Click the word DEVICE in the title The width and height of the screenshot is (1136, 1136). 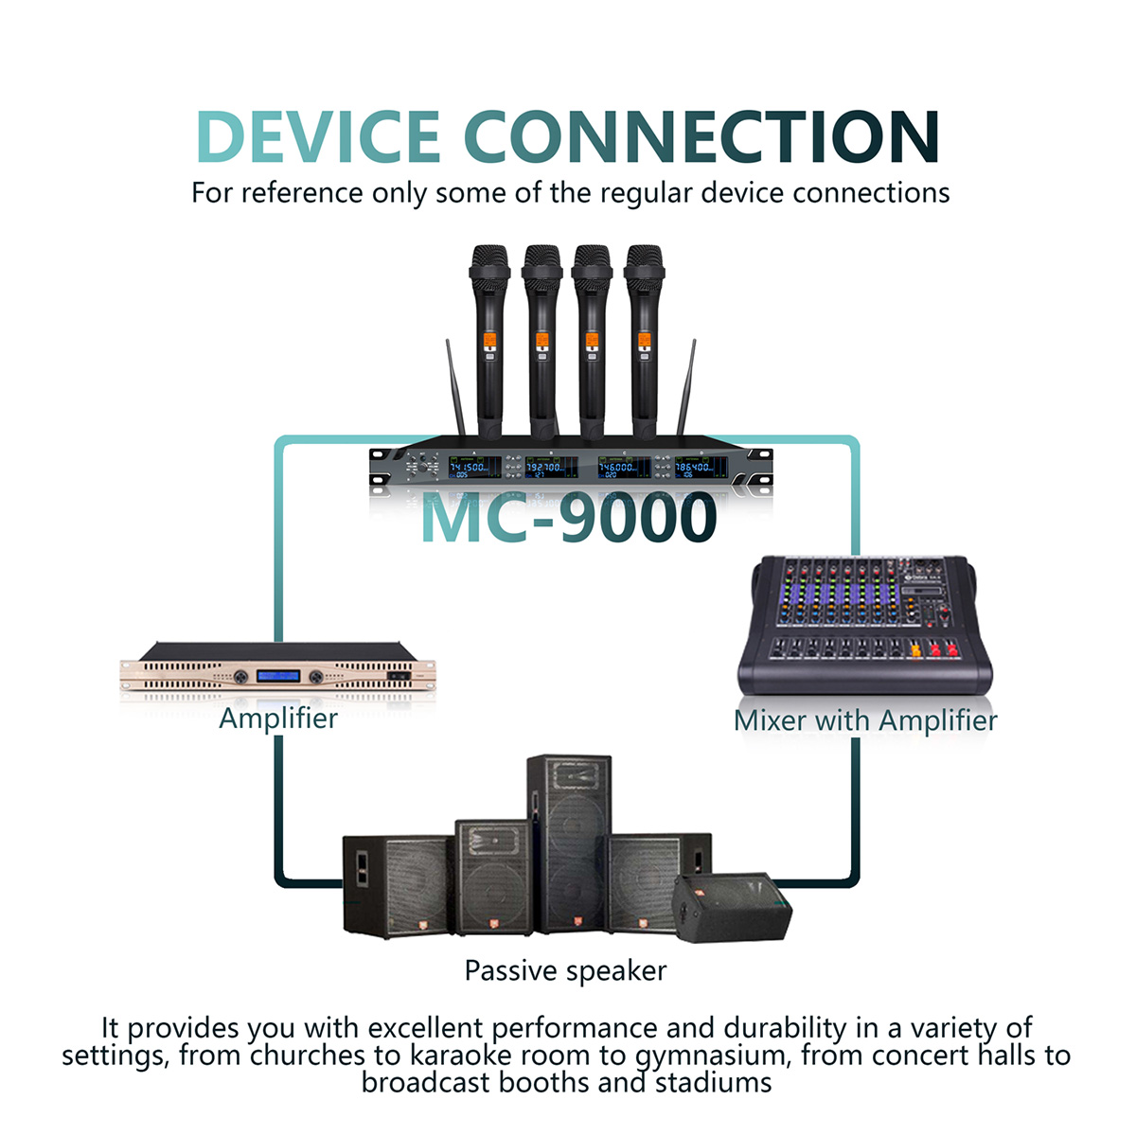[318, 136]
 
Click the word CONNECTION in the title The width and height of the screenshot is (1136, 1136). [701, 136]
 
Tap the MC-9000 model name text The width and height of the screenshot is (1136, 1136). [569, 519]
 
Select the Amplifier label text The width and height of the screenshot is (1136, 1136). [278, 719]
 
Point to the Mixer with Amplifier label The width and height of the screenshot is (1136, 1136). [865, 720]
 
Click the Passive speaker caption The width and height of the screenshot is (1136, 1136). [565, 970]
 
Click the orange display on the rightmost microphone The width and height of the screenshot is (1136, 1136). [645, 340]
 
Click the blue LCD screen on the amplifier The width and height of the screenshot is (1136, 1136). [278, 676]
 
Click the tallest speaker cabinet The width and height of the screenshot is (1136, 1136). [570, 843]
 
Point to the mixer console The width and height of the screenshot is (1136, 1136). [865, 625]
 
